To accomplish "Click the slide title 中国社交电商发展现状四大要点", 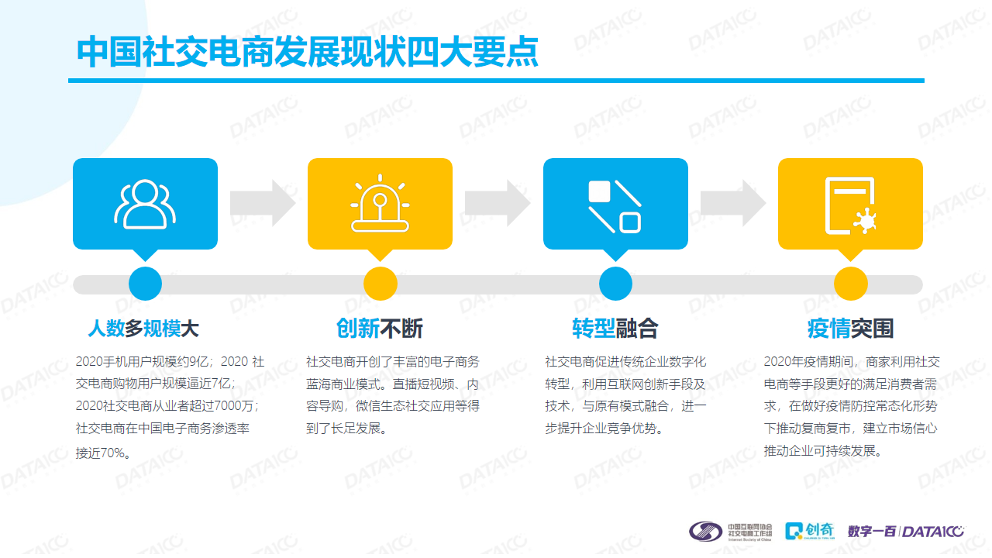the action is point(308,52).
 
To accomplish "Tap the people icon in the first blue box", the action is point(145,204).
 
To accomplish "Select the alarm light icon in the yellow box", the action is point(380,203).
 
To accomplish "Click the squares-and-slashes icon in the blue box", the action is point(615,206).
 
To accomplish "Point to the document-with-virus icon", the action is point(851,205).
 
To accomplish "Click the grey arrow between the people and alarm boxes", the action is point(263,203).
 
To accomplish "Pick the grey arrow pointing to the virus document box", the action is point(733,203).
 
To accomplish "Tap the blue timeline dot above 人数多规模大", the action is point(145,284).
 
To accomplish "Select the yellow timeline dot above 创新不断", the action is point(381,284).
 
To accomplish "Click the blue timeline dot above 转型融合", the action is point(615,284).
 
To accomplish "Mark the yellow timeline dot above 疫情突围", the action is point(851,284).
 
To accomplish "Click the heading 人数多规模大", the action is point(143,329).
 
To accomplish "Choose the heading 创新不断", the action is point(380,329).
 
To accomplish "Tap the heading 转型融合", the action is point(615,329).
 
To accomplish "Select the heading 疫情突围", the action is point(850,329).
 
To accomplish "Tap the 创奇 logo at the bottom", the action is point(810,531).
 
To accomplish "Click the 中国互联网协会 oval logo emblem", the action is point(705,531).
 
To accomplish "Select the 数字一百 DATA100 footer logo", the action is point(906,531).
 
